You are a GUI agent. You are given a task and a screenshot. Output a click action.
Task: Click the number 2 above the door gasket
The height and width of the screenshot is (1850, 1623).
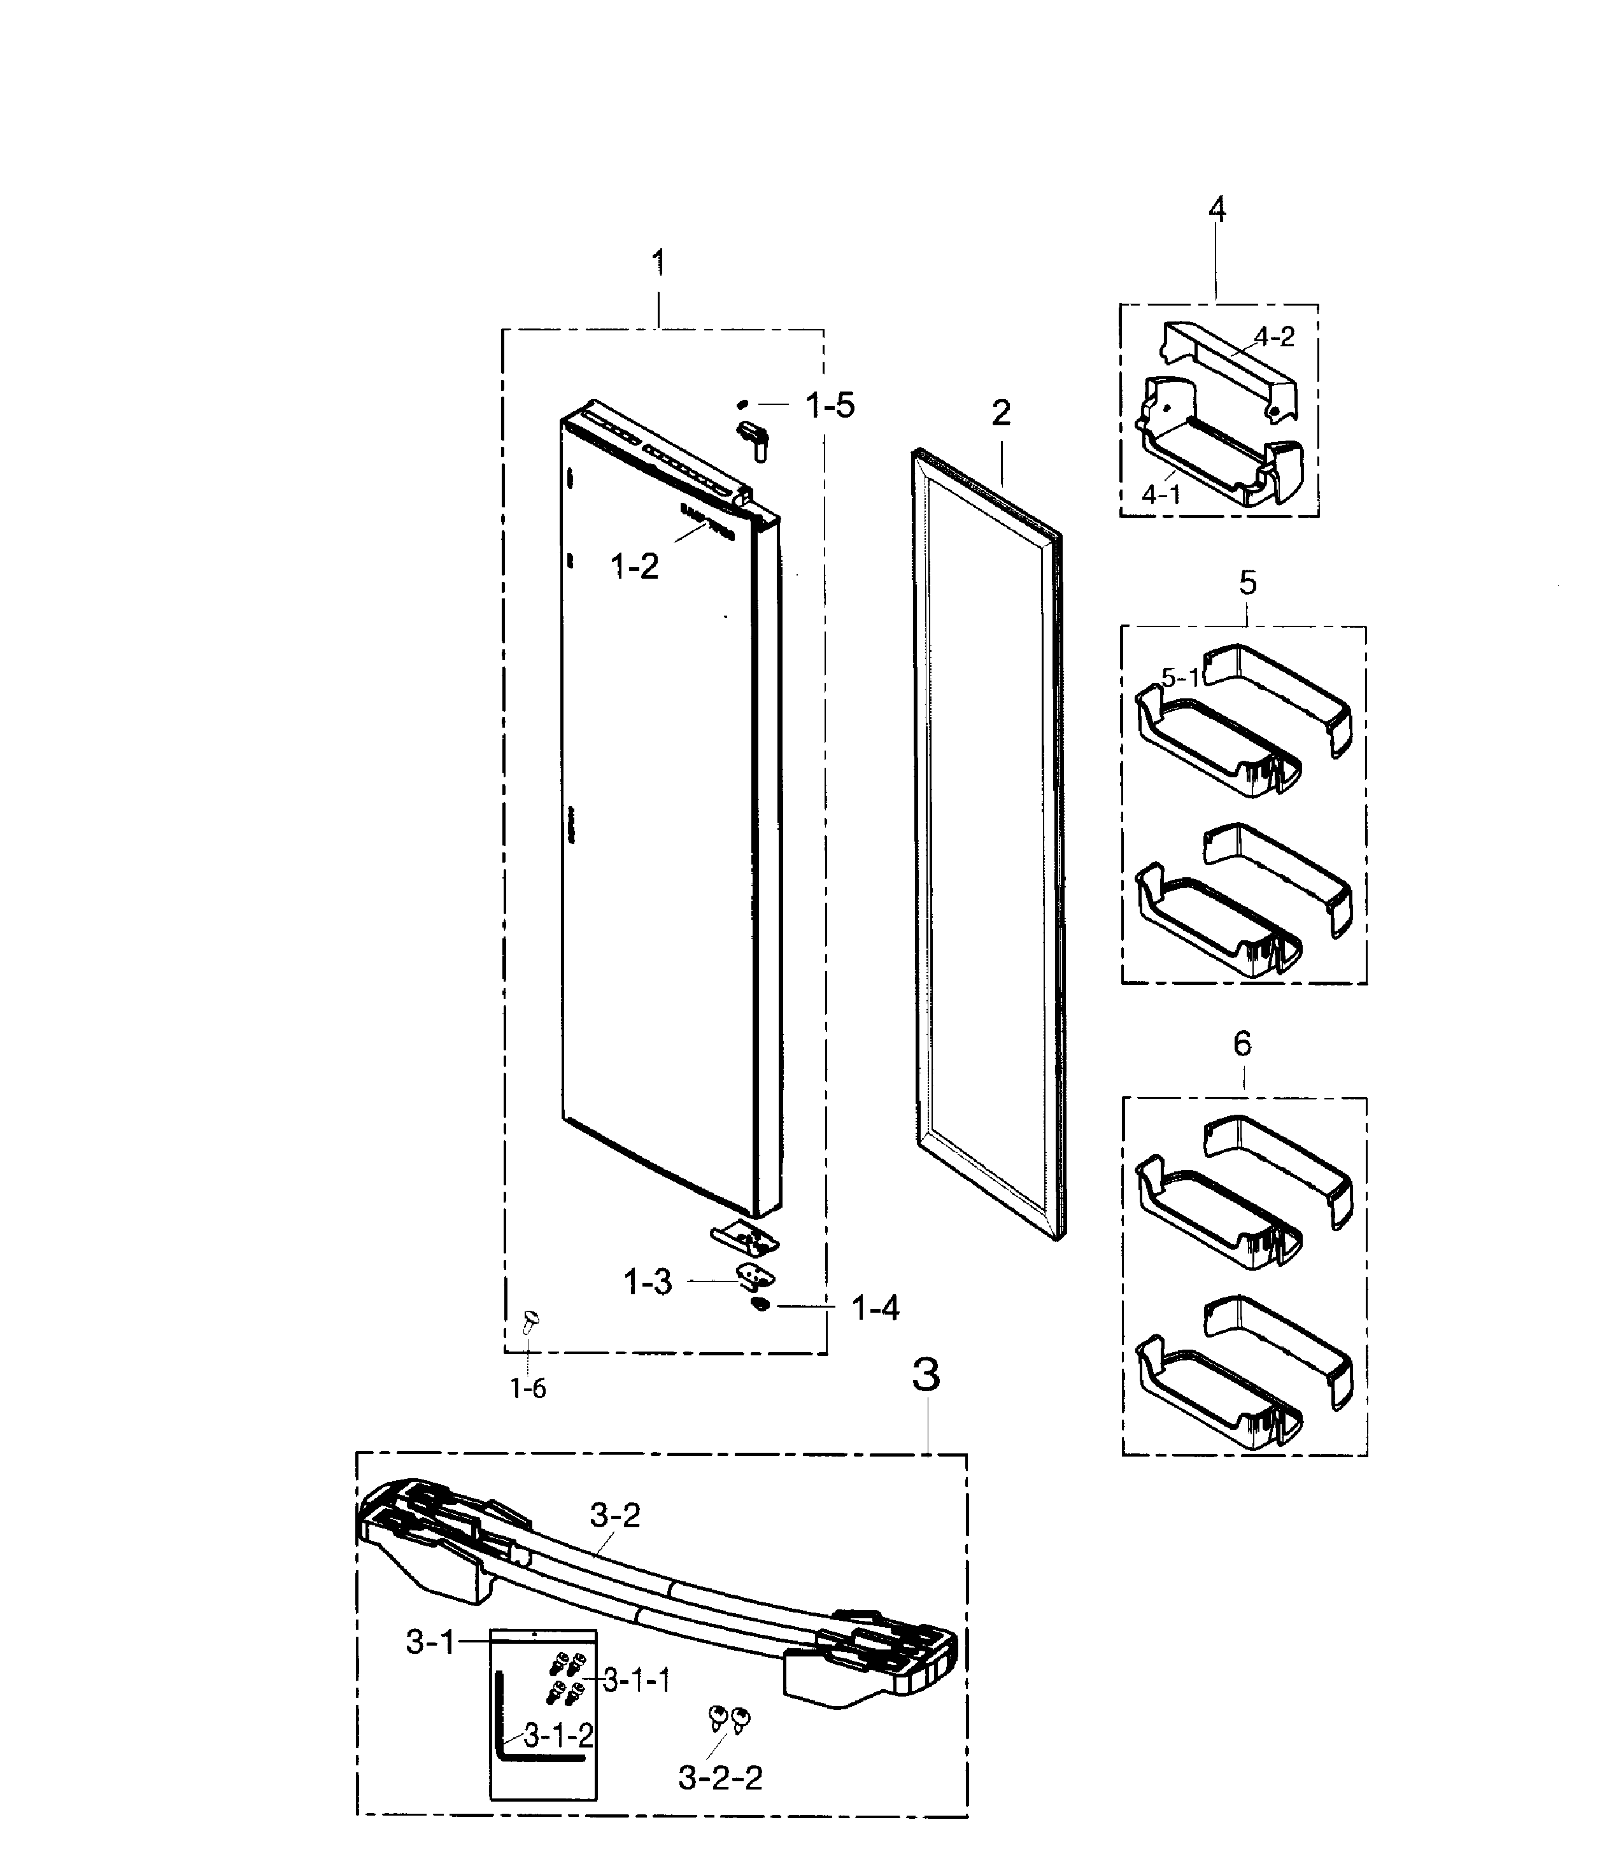tap(1000, 414)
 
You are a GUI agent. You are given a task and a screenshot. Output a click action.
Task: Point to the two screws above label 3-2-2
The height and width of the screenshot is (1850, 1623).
tap(730, 1717)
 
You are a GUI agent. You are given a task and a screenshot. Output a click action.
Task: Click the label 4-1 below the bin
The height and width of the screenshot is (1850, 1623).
tap(1161, 494)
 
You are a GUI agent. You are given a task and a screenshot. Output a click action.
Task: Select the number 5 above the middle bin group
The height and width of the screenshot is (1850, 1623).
tap(1247, 583)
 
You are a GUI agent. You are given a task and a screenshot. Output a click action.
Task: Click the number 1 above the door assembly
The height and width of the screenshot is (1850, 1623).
tap(658, 264)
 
